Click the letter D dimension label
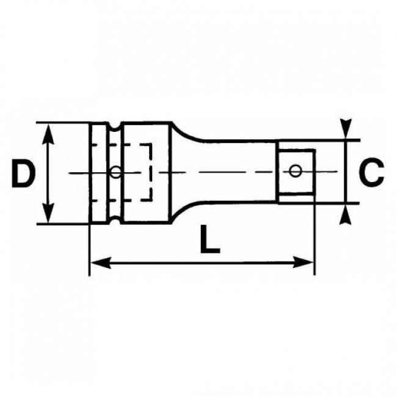pyautogui.click(x=23, y=173)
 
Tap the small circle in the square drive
pyautogui.click(x=296, y=170)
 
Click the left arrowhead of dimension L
pyautogui.click(x=100, y=263)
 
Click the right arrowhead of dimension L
pyautogui.click(x=305, y=263)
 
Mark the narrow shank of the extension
pyautogui.click(x=238, y=172)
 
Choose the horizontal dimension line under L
pyautogui.click(x=202, y=263)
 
